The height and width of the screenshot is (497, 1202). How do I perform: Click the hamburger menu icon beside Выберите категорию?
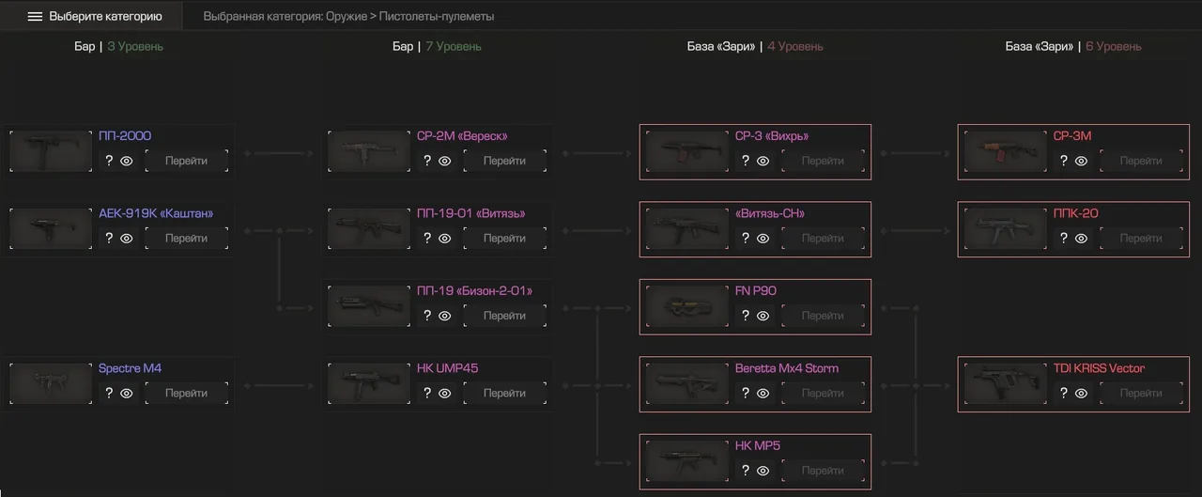coord(35,17)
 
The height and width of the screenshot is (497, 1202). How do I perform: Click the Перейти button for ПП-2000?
coord(186,161)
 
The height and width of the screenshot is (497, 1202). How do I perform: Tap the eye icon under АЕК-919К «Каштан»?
coord(127,239)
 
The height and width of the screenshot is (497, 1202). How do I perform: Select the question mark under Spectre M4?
coord(109,393)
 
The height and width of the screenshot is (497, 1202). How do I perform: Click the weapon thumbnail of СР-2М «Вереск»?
coord(369,151)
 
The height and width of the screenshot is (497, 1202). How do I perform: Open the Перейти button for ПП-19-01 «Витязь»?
coord(504,238)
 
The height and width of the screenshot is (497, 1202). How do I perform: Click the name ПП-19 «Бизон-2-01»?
coord(474,291)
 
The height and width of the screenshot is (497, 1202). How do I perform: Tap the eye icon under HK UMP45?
coord(445,394)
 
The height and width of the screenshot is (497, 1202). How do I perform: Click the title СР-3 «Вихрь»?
coord(772,136)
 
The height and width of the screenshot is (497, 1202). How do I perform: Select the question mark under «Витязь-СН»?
coord(746,238)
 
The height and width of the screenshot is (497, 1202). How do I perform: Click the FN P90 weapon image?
coord(687,306)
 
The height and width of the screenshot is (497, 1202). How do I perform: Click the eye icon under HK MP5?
coord(763,471)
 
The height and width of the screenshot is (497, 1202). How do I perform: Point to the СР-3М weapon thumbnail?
coord(1006,151)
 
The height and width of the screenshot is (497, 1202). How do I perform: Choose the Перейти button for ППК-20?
coord(1141,238)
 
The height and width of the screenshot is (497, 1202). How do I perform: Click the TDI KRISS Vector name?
coord(1099,368)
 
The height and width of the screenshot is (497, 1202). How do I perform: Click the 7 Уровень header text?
coord(454,47)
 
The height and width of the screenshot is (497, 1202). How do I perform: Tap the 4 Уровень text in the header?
coord(794,47)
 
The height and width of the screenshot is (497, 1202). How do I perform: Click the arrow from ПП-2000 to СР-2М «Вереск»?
coord(279,153)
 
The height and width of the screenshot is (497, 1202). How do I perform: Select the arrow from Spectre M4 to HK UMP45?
coord(279,386)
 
